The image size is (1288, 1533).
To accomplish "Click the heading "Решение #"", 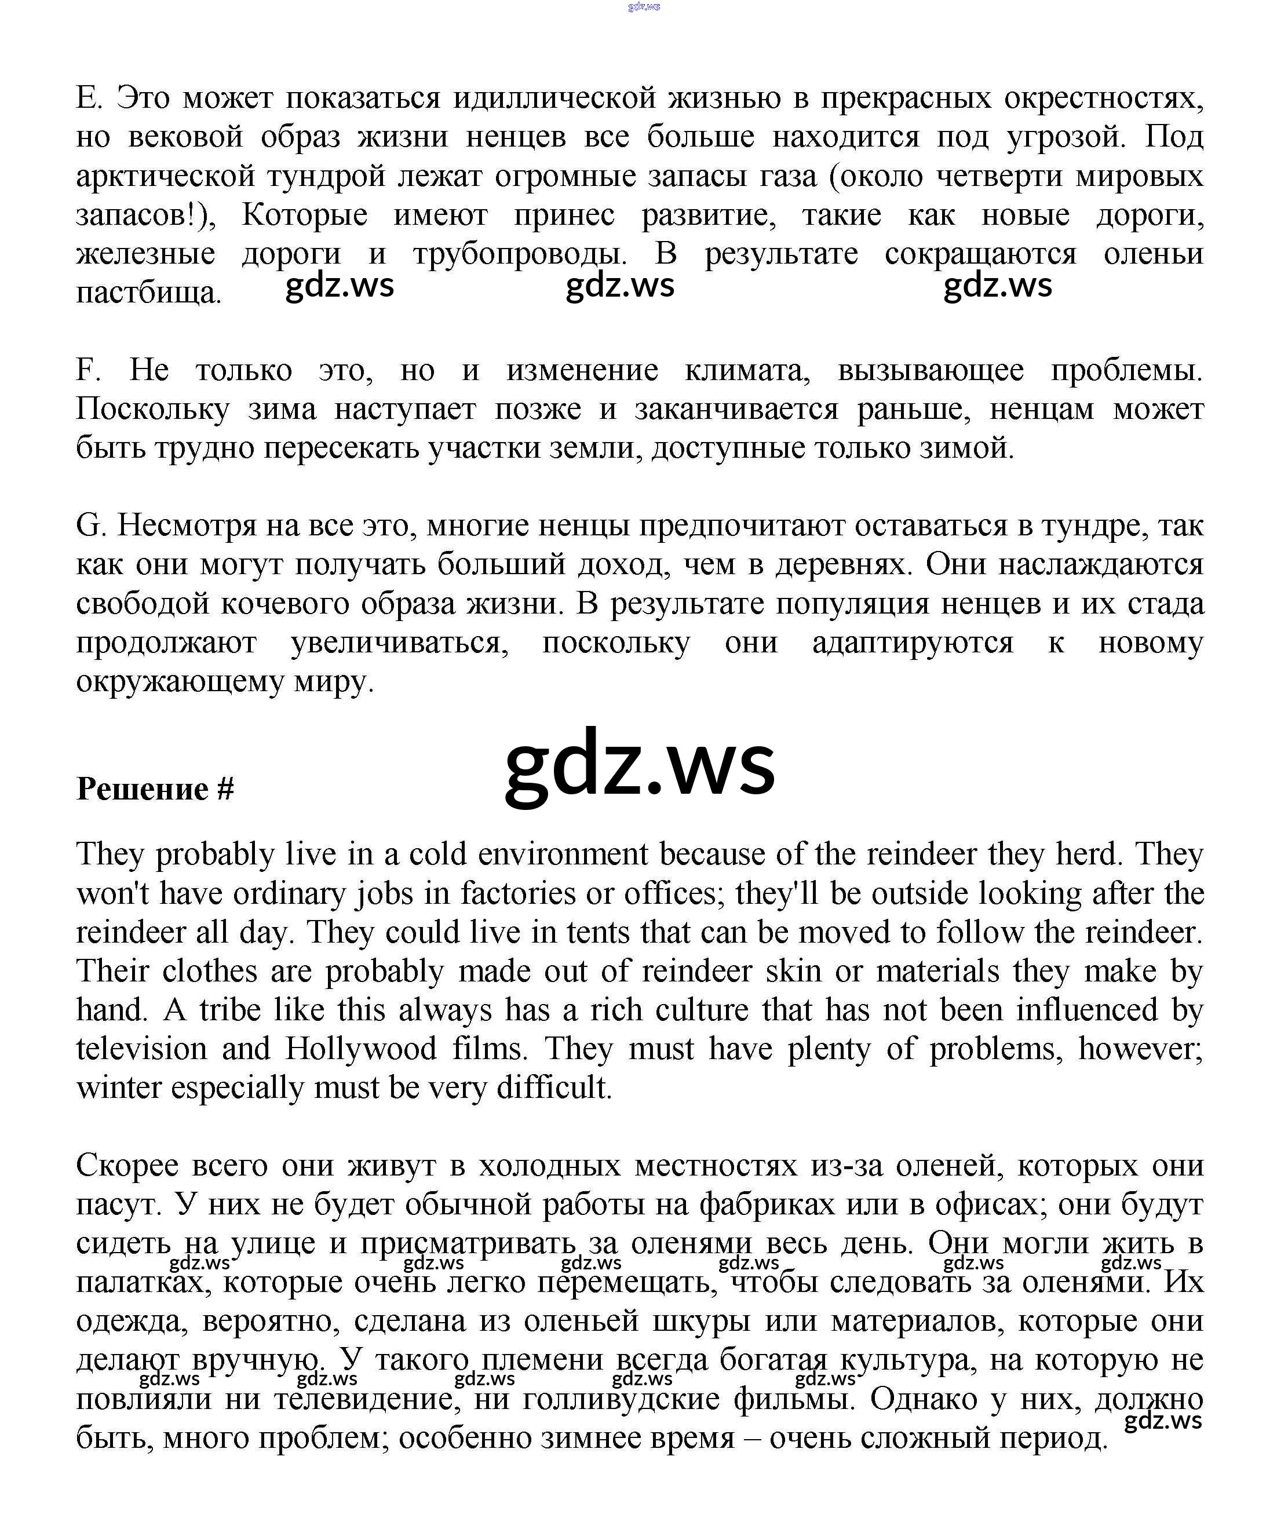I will point(155,789).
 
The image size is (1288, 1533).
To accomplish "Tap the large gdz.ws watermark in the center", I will point(640,764).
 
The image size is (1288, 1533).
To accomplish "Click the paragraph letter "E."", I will point(89,98).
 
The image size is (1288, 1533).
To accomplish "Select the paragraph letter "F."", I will point(87,370).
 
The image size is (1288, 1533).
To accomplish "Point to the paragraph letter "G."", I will point(92,525).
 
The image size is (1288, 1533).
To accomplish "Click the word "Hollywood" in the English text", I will point(360,1049).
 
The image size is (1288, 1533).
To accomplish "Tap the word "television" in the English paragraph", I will point(141,1049).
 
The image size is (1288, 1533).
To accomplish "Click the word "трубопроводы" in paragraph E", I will point(519,254).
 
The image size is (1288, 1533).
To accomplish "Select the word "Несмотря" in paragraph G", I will point(187,525).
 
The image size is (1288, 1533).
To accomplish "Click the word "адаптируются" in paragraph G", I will point(913,643).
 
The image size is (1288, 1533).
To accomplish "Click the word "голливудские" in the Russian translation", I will point(617,1399).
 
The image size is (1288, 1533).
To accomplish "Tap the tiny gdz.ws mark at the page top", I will point(643,6).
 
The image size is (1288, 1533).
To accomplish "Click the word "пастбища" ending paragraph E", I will point(148,294).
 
